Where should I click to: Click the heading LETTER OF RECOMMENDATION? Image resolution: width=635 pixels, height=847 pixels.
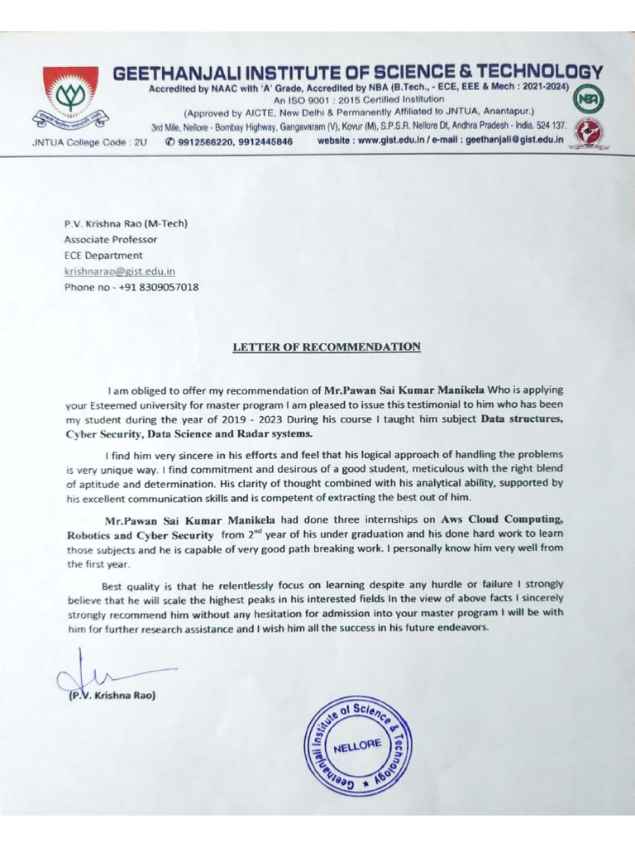coord(327,347)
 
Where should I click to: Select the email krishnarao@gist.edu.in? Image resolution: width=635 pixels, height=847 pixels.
coord(120,271)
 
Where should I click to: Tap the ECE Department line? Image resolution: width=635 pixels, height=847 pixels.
coord(103,256)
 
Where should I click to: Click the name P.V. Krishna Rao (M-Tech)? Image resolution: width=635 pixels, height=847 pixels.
coord(127,223)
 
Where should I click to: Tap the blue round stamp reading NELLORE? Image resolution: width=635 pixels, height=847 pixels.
coord(357,746)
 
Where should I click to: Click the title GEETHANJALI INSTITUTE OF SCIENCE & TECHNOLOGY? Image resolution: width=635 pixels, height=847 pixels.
coord(357,73)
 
